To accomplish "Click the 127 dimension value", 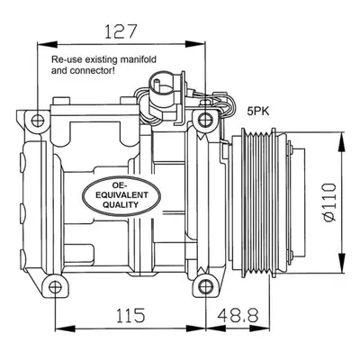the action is coord(121,31).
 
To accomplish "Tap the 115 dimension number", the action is coord(130,315).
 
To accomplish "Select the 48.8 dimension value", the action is coord(238,315).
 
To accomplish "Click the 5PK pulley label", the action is coord(258,112).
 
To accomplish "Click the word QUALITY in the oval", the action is coord(121,204).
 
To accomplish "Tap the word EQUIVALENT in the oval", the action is coord(121,195).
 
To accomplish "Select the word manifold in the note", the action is coord(139,59).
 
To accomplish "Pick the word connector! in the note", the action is coord(92,71).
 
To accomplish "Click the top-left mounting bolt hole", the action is coord(38,121).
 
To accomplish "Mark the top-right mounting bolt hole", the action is coord(205,121).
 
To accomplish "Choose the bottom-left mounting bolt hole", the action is coord(55,287).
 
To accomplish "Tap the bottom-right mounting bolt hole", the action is coord(206,286).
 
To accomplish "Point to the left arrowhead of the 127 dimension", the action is coord(47,44).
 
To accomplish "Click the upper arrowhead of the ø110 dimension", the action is coord(342,142).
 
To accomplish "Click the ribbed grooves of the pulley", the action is coord(256,202).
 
